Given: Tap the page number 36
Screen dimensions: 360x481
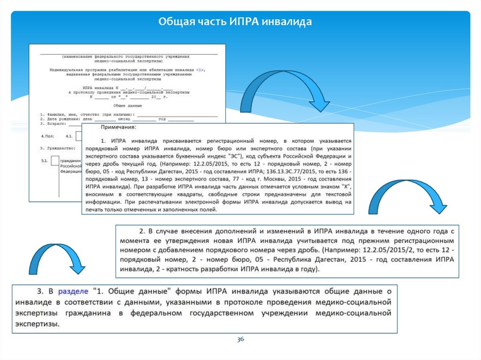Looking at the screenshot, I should click(x=240, y=339).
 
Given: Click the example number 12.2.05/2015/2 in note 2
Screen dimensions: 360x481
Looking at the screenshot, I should click(x=369, y=249).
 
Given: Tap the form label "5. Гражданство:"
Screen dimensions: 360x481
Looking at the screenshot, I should click(x=57, y=148).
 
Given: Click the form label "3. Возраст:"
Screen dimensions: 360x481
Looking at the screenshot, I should click(x=54, y=124).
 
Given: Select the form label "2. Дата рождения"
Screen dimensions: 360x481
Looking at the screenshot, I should click(x=59, y=120).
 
